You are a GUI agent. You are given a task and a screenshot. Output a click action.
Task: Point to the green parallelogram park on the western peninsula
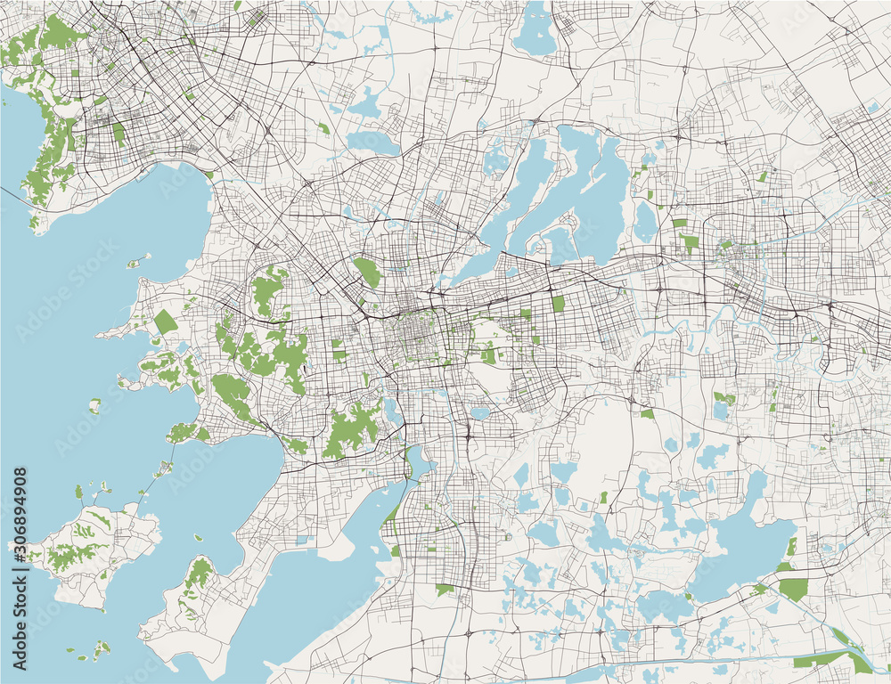tap(165, 322)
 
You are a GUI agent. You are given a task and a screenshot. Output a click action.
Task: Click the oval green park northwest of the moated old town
tap(366, 273)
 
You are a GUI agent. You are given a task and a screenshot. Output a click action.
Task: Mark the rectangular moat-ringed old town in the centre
tap(417, 338)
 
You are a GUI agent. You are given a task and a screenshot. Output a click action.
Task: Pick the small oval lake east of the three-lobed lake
tap(644, 222)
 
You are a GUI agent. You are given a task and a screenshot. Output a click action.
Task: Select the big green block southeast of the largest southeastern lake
tap(793, 588)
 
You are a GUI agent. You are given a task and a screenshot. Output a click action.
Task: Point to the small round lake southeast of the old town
tap(480, 413)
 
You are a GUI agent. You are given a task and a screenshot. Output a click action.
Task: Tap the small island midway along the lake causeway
tap(165, 467)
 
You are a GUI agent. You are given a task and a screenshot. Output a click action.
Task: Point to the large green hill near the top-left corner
tap(58, 34)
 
